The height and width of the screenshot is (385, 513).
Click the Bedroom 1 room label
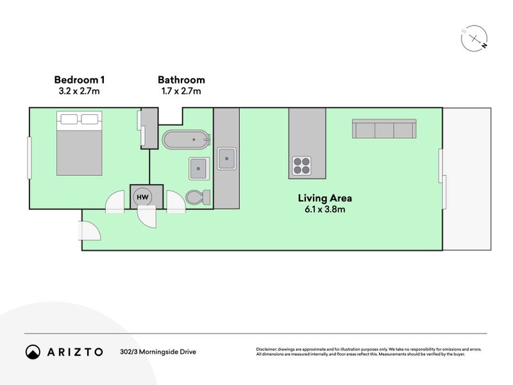(79, 80)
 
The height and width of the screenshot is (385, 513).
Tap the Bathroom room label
(181, 80)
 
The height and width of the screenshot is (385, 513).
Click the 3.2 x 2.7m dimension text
(79, 91)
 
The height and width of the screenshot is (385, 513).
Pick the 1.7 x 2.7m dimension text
(181, 91)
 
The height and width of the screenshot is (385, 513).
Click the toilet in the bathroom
(195, 197)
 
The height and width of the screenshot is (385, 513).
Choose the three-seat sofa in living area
(383, 129)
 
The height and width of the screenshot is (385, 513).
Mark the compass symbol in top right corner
(473, 39)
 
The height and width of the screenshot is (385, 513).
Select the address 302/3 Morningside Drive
(158, 352)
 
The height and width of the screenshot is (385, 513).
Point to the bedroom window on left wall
(29, 158)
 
